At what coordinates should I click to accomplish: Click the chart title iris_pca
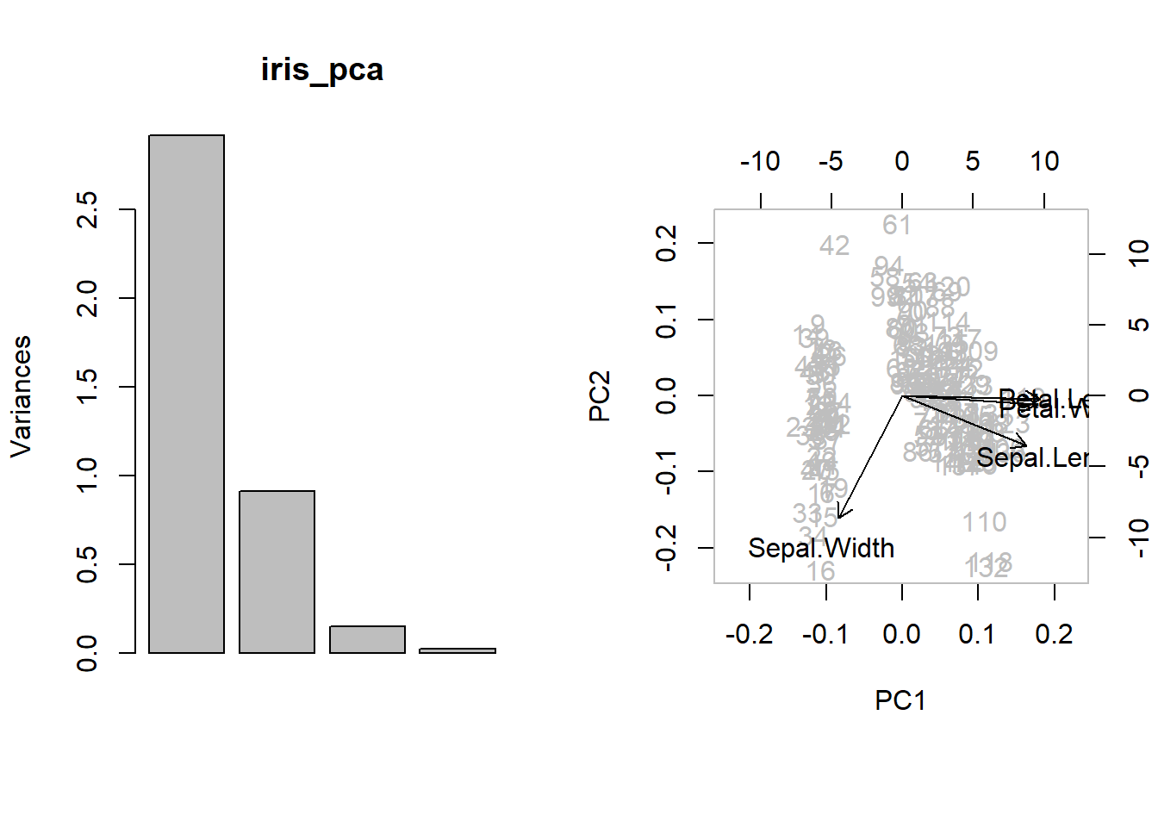tap(321, 70)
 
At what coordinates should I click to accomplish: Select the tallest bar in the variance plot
tap(186, 394)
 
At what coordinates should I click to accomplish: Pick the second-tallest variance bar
tap(277, 571)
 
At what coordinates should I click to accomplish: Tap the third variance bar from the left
tap(367, 639)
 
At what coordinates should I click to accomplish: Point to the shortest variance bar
tap(458, 650)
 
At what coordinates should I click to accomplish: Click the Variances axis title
tap(21, 395)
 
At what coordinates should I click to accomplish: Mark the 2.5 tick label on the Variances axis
tap(87, 209)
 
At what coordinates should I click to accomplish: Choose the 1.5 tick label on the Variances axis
tap(87, 387)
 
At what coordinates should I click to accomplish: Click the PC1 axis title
tap(900, 700)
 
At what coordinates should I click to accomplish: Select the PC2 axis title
tap(600, 395)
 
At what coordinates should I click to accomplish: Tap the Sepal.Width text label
tap(821, 548)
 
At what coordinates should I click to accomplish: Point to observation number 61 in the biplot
tap(897, 225)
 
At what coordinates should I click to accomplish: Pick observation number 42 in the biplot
tap(834, 246)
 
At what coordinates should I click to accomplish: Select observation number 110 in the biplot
tap(984, 522)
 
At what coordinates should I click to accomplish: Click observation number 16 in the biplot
tap(821, 571)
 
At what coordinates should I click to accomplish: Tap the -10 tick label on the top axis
tap(760, 161)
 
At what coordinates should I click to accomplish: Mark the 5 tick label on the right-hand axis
tap(1138, 325)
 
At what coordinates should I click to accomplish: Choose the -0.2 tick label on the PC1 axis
tap(749, 635)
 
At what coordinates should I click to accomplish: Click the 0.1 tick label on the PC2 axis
tap(666, 320)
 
